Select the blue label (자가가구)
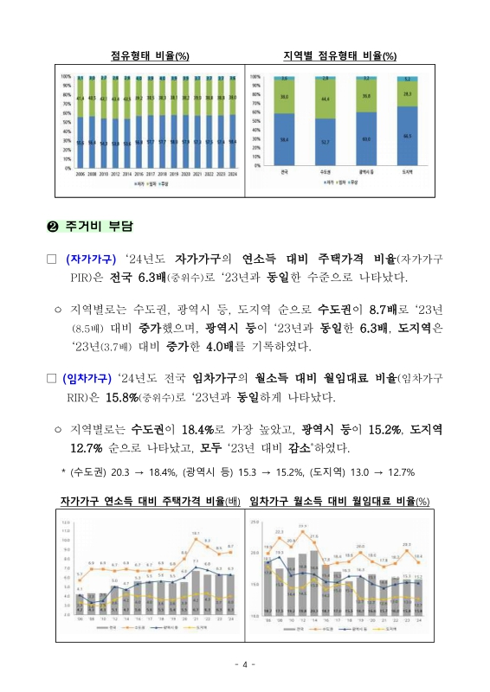coord(92,259)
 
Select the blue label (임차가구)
coord(92,377)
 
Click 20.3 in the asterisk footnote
coord(131,472)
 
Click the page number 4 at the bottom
coord(245,664)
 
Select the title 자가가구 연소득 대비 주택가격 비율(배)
coord(150,502)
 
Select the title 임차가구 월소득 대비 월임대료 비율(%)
coord(339,502)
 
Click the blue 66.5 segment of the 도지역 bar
coord(407,136)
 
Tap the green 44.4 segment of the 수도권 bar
coord(326,100)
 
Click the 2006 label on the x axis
coord(81,174)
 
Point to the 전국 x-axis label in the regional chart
coord(284,173)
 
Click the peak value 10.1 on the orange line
coord(196,534)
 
